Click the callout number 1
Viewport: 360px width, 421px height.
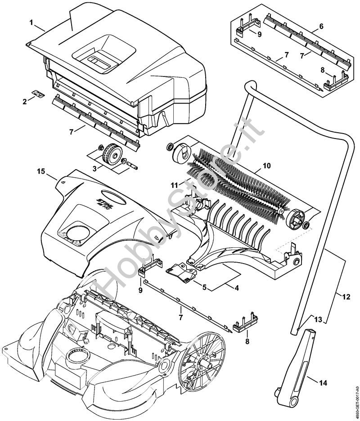pyautogui.click(x=32, y=22)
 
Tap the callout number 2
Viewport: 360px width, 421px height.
pyautogui.click(x=25, y=102)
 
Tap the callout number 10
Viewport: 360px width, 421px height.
pyautogui.click(x=267, y=166)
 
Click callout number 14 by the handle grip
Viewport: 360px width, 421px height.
pyautogui.click(x=324, y=383)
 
